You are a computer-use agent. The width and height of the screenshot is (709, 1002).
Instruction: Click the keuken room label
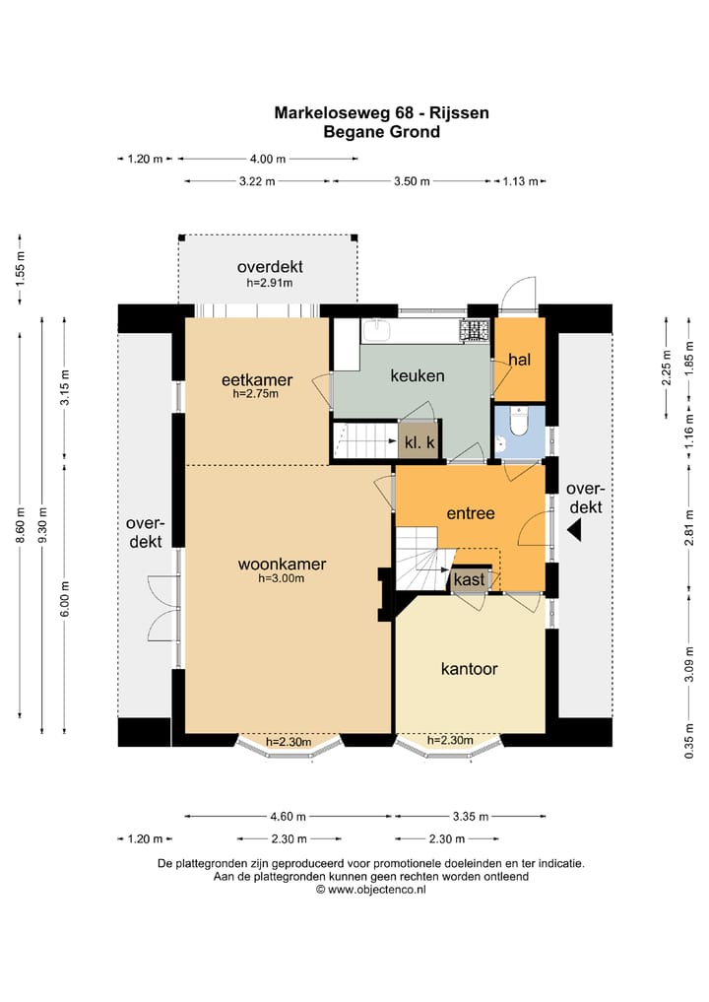pos(418,375)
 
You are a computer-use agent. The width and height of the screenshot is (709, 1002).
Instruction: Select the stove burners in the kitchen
pos(475,330)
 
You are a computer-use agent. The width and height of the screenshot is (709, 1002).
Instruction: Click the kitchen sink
pos(377,331)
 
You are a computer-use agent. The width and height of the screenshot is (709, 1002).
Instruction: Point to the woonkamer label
pos(282,565)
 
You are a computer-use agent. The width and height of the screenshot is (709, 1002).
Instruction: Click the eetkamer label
pos(257,380)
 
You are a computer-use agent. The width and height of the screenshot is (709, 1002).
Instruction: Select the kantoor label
pos(470,669)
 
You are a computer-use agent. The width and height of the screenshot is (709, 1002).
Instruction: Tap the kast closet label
pos(469,580)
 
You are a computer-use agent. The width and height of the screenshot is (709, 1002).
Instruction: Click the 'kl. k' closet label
pos(419,441)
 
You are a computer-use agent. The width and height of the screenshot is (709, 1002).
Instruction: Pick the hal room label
pos(520,360)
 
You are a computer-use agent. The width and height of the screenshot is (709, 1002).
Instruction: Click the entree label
pos(471,513)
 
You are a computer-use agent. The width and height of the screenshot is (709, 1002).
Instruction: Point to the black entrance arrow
pos(574,530)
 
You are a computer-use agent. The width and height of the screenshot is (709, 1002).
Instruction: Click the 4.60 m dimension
pos(289,816)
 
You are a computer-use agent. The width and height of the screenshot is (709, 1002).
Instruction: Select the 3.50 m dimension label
pos(412,181)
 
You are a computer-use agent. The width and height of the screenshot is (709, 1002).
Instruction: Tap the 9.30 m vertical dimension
pos(42,524)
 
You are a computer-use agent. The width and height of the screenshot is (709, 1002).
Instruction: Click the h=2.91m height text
pos(270,283)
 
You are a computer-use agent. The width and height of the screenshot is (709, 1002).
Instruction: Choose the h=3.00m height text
pos(281,579)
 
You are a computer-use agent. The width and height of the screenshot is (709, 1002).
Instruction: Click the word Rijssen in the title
pos(459,113)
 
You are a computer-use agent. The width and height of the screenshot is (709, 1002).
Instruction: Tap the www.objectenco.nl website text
pos(377,890)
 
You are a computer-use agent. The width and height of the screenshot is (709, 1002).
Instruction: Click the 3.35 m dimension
pos(471,816)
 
